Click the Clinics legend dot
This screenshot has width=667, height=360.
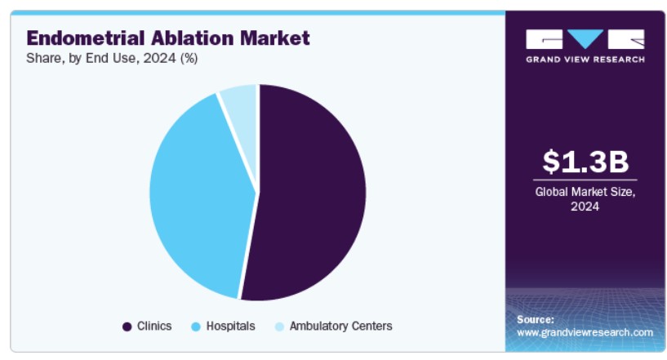point(127,327)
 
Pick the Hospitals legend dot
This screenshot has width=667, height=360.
point(196,327)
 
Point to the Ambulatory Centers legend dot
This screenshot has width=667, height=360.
point(279,327)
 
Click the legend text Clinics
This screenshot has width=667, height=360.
point(154,326)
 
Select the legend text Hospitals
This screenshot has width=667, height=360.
point(230,326)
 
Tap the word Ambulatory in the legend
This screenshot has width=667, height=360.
point(313,326)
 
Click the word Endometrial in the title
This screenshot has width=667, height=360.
point(86,38)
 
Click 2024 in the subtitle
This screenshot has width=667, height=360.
point(159,58)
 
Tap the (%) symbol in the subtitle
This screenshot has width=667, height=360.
point(189,58)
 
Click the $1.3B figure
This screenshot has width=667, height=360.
point(585,162)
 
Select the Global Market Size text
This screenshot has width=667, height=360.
point(585,192)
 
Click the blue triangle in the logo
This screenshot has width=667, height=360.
point(585,38)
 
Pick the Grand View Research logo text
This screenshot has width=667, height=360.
point(585,60)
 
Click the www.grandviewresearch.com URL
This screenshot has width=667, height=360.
point(585,332)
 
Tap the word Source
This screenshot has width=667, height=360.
point(536,319)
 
